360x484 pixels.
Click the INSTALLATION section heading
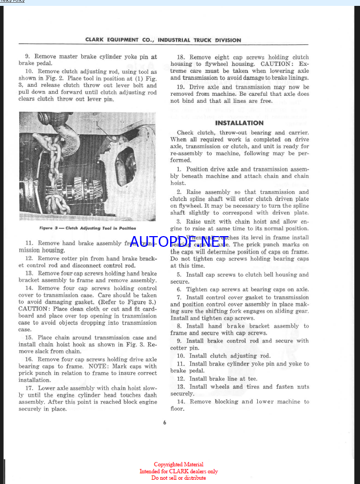(240, 123)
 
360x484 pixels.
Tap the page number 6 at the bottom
(165, 422)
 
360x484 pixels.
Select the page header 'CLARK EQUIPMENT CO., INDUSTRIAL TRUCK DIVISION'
(163, 40)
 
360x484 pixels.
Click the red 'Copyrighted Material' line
(179, 465)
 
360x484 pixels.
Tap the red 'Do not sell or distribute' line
(179, 478)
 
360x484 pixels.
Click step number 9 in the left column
(27, 56)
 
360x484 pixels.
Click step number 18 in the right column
(181, 57)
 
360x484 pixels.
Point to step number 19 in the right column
(181, 87)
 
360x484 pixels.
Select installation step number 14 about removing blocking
(181, 402)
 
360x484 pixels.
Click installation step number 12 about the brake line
(181, 379)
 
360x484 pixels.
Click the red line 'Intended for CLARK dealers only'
(179, 471)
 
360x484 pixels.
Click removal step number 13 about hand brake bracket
(29, 273)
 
